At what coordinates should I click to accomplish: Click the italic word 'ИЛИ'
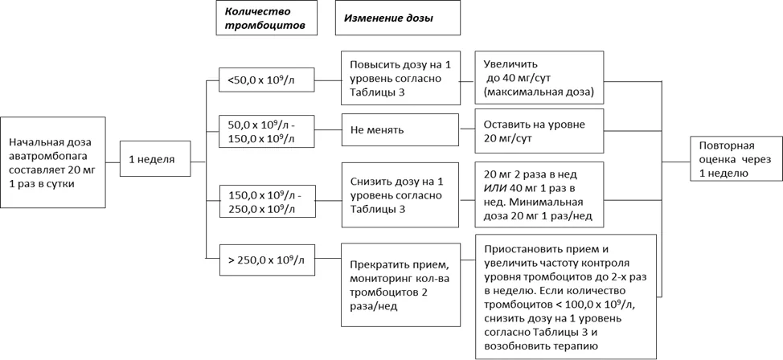493,189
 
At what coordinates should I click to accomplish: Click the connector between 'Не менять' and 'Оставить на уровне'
467,130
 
